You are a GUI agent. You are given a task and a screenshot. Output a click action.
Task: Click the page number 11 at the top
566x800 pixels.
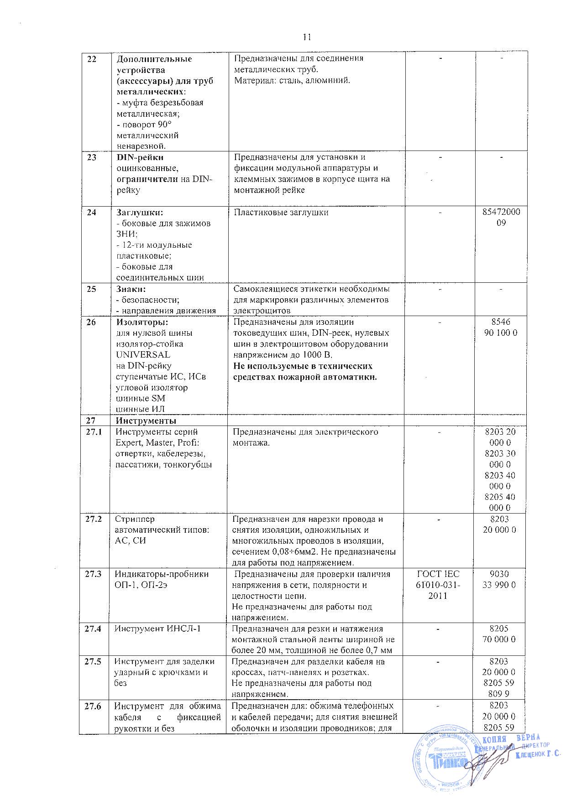(307, 37)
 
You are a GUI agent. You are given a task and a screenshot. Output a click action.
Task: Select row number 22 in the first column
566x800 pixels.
(92, 59)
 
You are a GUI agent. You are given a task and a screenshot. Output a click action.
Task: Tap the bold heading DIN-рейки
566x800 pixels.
(136, 157)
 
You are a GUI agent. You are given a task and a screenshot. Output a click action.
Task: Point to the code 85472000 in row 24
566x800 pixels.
(501, 213)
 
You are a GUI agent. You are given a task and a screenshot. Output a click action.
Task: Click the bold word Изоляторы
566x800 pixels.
(142, 322)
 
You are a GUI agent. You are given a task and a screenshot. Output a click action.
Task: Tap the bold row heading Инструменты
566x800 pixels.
(146, 420)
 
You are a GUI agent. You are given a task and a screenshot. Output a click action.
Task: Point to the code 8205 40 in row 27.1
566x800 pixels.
(501, 497)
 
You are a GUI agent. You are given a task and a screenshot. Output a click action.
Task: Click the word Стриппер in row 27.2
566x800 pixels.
(135, 519)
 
